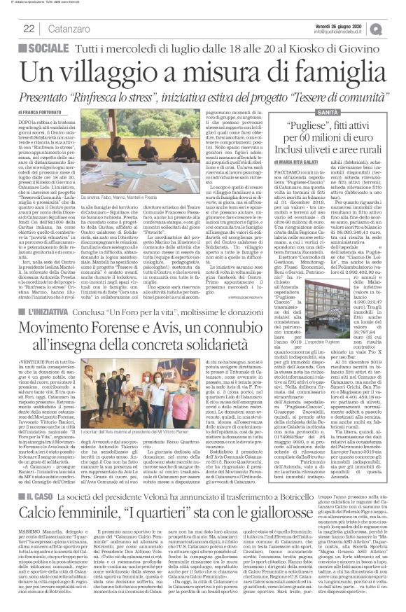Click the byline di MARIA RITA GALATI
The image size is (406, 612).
pos(313,161)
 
